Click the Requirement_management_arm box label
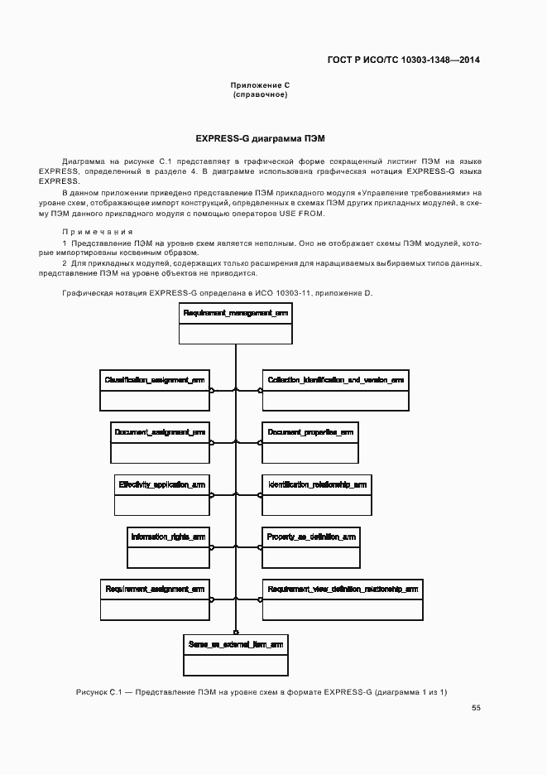click(235, 314)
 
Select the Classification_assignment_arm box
click(155, 389)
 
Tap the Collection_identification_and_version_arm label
click(335, 380)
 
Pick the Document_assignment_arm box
click(160, 442)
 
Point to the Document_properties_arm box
click(310, 442)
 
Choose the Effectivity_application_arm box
click(162, 494)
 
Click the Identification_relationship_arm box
click(316, 494)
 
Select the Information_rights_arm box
click(168, 546)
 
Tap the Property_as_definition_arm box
click(311, 546)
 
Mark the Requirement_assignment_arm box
click(155, 599)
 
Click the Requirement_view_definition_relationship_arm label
click(343, 589)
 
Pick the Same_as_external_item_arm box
click(235, 654)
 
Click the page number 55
click(476, 708)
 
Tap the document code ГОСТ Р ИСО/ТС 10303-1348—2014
click(404, 60)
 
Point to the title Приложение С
click(260, 85)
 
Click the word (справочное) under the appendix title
click(260, 94)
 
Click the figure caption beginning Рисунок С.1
click(261, 691)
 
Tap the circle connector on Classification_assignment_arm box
click(212, 390)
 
